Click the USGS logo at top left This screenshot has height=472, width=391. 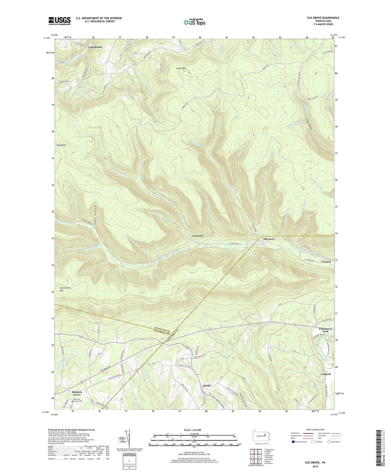click(x=60, y=21)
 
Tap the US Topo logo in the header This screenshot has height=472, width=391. click(x=194, y=22)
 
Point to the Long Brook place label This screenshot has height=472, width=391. click(x=95, y=47)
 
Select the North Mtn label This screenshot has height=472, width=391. click(x=181, y=68)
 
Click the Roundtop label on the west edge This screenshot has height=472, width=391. click(x=61, y=145)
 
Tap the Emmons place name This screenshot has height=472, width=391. click(x=198, y=236)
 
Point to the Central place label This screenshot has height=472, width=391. click(x=326, y=262)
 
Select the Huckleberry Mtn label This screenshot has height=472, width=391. click(x=65, y=289)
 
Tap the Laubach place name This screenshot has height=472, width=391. click(x=326, y=374)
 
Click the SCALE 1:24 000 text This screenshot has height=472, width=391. click(x=194, y=430)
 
